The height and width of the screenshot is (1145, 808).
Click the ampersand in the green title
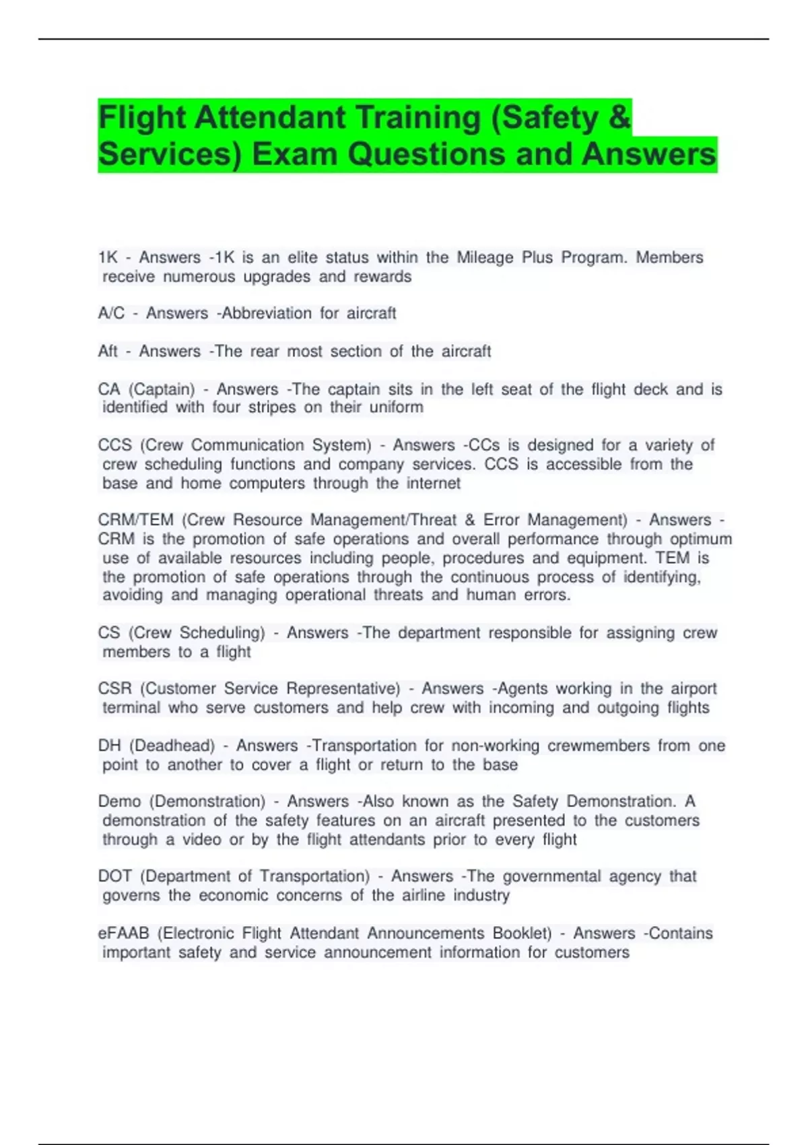[618, 118]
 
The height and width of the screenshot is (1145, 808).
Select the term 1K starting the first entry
[108, 257]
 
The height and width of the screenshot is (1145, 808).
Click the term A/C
[111, 313]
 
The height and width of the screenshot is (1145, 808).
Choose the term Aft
[108, 351]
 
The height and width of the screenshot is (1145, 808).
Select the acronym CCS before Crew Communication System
[115, 445]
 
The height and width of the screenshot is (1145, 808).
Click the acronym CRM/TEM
[136, 520]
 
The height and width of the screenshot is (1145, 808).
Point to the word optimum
[701, 539]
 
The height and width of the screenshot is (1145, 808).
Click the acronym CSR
[115, 688]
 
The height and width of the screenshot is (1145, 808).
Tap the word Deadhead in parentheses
[172, 746]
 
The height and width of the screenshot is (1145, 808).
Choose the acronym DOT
[115, 876]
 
